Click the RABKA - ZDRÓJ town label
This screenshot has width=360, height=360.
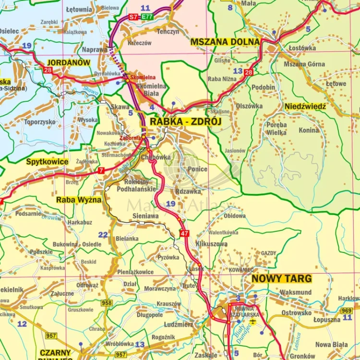(186, 122)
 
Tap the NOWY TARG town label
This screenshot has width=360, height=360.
(282, 278)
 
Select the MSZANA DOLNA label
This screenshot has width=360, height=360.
(225, 42)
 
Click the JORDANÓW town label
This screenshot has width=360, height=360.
(68, 62)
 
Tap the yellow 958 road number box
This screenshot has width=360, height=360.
(107, 303)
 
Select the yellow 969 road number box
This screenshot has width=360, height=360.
(347, 311)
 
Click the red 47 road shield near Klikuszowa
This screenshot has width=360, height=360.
(184, 233)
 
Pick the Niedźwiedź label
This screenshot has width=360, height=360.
(305, 106)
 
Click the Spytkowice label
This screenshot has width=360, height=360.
(47, 162)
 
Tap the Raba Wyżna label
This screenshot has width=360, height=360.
(79, 200)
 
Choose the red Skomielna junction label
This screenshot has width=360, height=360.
(143, 77)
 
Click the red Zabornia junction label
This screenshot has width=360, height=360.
(130, 137)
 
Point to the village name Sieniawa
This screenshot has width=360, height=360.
(145, 216)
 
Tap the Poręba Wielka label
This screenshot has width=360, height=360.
(276, 128)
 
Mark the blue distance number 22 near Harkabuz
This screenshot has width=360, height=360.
(103, 235)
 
